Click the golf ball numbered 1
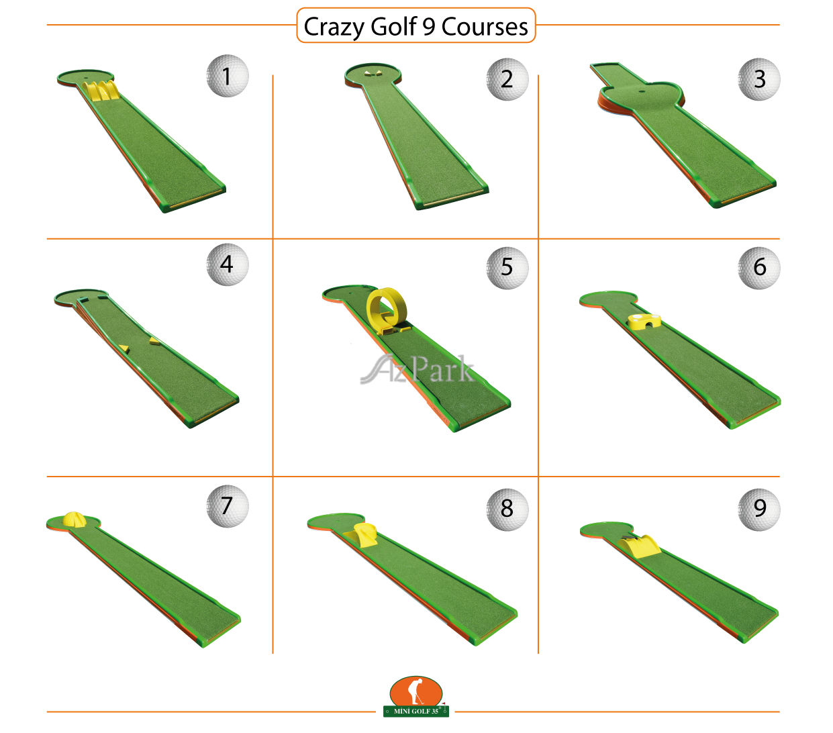click(x=228, y=76)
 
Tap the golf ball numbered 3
click(x=759, y=79)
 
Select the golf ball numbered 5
click(x=507, y=268)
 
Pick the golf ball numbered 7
click(x=228, y=506)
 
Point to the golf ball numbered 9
click(x=759, y=509)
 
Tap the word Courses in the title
click(x=485, y=27)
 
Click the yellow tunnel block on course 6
click(x=644, y=321)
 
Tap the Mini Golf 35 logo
click(x=415, y=696)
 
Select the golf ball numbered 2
click(x=507, y=79)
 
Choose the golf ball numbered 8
click(x=507, y=509)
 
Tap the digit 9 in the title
click(x=428, y=27)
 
